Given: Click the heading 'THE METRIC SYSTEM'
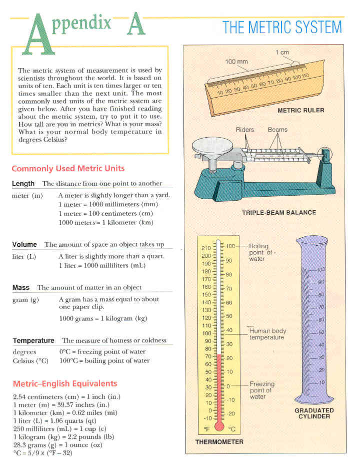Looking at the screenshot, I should [x=282, y=27].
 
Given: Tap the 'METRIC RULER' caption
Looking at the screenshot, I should [x=301, y=110].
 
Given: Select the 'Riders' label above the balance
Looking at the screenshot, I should [x=244, y=130].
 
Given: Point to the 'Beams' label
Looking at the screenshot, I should [x=277, y=130].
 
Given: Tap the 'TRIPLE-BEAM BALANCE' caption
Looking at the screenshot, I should [x=279, y=212].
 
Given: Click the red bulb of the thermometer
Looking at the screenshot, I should [x=218, y=426].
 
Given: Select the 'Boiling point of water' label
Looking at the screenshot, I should [x=259, y=252].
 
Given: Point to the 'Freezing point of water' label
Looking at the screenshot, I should [x=262, y=390].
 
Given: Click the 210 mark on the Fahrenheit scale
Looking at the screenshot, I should [x=205, y=248].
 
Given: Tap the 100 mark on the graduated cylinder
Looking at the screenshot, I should [x=320, y=270].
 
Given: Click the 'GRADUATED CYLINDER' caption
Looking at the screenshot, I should [x=313, y=413].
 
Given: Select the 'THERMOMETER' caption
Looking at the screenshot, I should [x=219, y=442].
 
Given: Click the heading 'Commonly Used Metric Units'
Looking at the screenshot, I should [x=68, y=169].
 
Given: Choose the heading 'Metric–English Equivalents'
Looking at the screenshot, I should [x=64, y=384].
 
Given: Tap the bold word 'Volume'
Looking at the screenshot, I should [x=24, y=244].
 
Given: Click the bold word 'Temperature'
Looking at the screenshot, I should [x=33, y=340].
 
